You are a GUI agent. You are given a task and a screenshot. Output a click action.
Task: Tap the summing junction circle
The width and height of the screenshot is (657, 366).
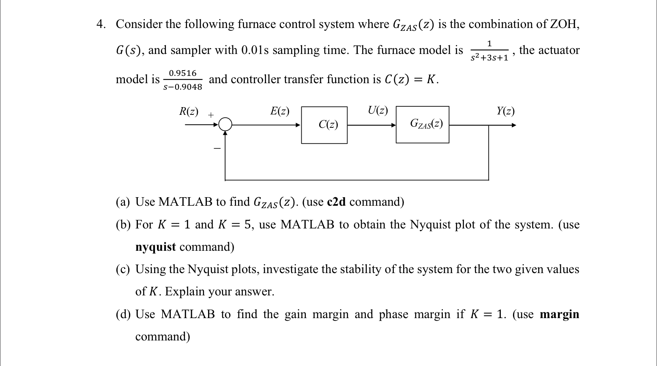click(225, 124)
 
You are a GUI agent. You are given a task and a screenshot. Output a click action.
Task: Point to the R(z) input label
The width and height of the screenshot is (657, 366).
click(189, 111)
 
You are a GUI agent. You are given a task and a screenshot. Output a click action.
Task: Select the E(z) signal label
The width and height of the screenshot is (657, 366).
click(280, 111)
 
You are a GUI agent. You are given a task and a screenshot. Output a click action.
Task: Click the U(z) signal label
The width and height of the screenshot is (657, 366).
click(378, 110)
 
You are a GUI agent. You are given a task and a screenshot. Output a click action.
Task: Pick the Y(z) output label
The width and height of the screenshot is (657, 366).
click(505, 111)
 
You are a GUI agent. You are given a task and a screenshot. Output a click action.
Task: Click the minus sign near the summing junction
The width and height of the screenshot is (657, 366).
click(217, 149)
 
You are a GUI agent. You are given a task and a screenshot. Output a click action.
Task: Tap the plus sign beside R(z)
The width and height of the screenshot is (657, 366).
click(211, 115)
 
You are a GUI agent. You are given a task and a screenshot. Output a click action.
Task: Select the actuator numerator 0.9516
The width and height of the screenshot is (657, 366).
click(182, 73)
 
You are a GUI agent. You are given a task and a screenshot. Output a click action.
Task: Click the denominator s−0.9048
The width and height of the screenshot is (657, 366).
click(182, 87)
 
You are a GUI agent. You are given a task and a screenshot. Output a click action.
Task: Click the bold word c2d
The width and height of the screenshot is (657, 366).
click(336, 202)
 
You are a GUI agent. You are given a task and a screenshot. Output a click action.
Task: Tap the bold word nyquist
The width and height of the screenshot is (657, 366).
click(155, 247)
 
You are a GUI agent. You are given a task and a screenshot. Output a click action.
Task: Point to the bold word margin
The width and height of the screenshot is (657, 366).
click(559, 314)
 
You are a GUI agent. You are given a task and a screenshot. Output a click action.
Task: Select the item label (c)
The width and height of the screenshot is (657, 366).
click(123, 269)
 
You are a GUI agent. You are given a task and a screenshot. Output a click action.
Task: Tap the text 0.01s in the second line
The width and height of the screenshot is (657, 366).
click(255, 50)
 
